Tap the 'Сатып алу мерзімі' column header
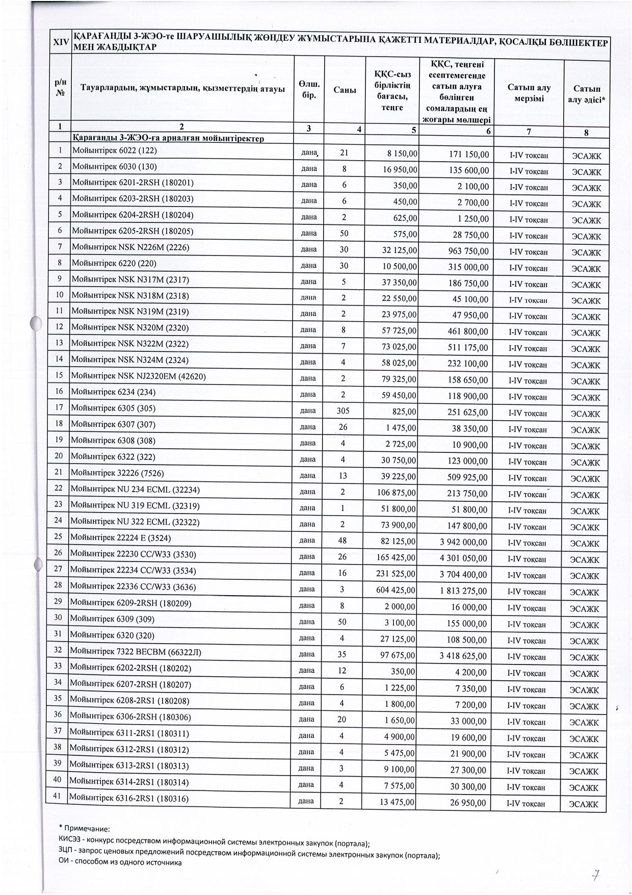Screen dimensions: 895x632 coord(529,93)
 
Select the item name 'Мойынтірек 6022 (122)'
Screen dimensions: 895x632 coord(115,150)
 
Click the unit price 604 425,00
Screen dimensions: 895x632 coord(396,590)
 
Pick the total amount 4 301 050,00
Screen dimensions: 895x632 coord(463,558)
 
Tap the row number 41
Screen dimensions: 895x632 coord(57,796)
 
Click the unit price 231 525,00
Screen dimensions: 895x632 coord(396,574)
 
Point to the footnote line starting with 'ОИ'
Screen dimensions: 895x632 coord(120,862)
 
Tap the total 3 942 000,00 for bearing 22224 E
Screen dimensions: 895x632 coord(463,542)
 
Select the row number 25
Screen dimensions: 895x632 coord(58,536)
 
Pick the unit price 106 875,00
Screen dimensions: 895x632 coord(396,493)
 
